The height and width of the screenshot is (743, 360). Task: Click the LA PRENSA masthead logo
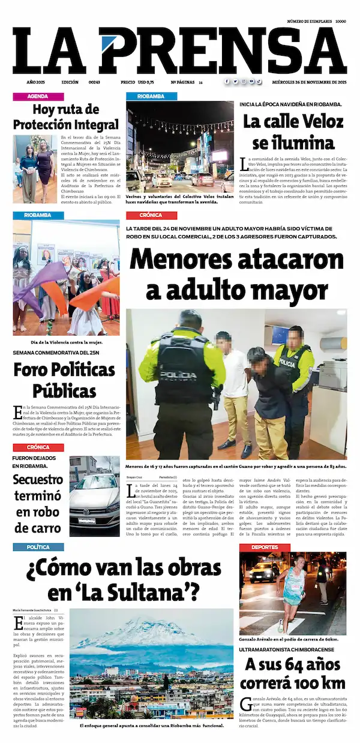(x=179, y=52)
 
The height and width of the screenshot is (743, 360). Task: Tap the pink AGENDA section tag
(x=38, y=96)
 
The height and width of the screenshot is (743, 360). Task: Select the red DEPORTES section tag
(x=265, y=547)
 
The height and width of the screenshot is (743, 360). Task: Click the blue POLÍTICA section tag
(x=38, y=547)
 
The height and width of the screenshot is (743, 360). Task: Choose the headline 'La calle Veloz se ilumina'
(x=293, y=132)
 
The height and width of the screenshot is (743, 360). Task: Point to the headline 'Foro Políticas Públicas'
(x=65, y=379)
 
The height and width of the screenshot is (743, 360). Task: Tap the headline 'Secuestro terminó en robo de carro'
(x=38, y=504)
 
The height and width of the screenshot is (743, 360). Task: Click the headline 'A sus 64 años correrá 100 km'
(x=293, y=673)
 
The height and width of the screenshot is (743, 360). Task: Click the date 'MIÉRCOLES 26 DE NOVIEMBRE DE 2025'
(x=309, y=82)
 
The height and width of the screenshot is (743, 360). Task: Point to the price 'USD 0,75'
(x=146, y=82)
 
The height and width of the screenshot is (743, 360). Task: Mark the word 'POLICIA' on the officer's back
(x=178, y=375)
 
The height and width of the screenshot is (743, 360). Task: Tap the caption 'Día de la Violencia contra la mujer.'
(x=66, y=342)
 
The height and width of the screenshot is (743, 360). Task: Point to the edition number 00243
(x=94, y=82)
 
